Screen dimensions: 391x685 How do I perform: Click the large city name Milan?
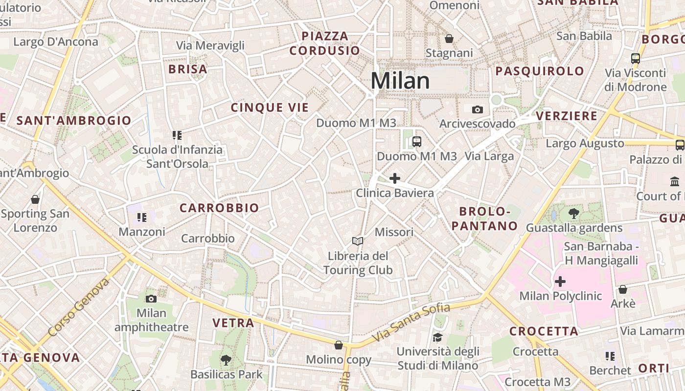(x=400, y=81)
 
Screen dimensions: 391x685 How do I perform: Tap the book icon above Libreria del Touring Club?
(x=358, y=241)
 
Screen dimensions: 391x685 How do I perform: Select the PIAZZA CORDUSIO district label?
(x=325, y=43)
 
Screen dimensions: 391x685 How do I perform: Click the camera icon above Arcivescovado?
(x=477, y=109)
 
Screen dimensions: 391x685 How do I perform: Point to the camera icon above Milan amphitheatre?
(x=151, y=299)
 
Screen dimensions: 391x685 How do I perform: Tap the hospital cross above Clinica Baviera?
(x=394, y=178)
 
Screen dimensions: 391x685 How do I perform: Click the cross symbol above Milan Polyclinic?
(x=560, y=282)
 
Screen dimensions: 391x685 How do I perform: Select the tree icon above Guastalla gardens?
(x=574, y=214)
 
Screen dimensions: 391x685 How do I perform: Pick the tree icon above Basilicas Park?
(x=226, y=360)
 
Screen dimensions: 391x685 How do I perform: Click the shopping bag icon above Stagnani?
(x=449, y=39)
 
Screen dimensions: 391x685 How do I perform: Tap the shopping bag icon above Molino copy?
(x=339, y=345)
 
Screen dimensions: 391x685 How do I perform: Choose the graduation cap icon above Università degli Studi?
(x=437, y=337)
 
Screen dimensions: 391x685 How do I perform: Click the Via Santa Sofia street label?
(x=411, y=323)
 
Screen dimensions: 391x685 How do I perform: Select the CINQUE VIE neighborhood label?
(x=270, y=108)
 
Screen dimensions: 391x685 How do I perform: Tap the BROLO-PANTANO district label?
(x=484, y=218)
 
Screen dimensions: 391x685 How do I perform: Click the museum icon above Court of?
(x=675, y=181)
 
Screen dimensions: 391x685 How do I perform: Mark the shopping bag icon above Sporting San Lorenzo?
(x=35, y=199)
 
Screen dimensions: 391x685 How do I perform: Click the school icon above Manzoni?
(x=142, y=217)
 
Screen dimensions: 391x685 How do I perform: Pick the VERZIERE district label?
(x=567, y=116)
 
